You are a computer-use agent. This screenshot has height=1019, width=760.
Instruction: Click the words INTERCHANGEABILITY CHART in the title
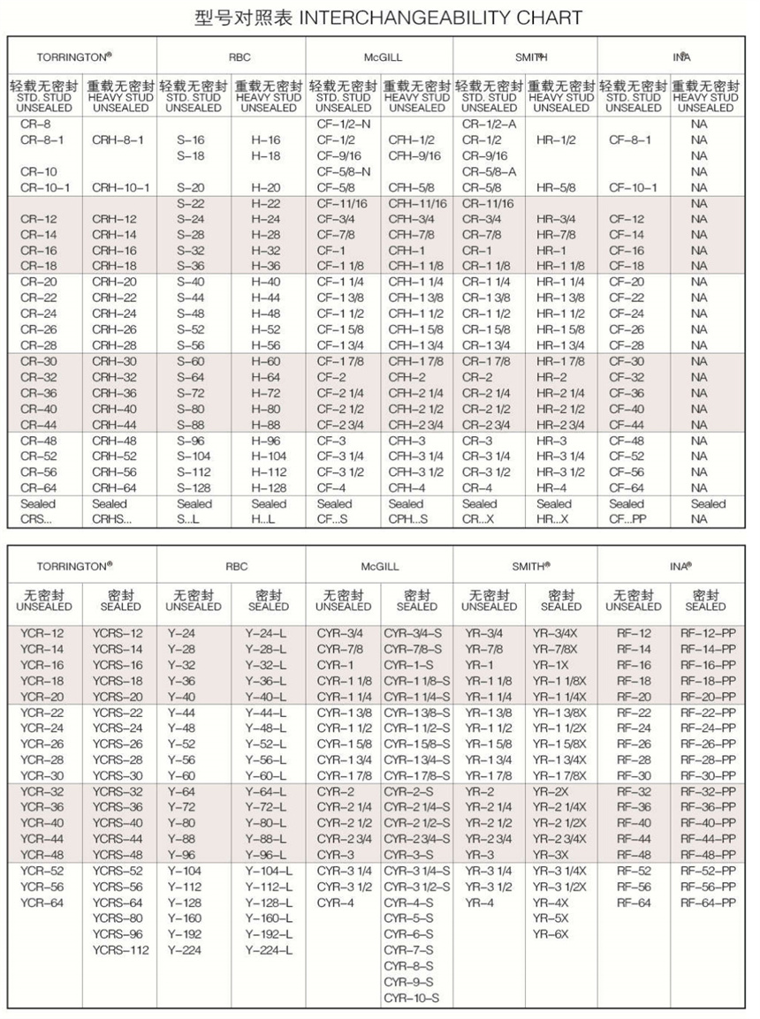477,17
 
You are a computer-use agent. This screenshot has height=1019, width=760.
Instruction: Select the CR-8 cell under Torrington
35,125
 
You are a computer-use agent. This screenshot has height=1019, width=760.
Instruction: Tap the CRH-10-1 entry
120,188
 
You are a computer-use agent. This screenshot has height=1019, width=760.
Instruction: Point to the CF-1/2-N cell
343,125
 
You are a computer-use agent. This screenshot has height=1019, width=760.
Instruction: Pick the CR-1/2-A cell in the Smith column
489,125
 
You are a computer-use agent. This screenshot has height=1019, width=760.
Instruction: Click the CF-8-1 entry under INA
633,140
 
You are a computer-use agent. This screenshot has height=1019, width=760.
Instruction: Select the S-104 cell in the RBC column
194,457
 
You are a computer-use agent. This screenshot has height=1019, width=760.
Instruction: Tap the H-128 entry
269,488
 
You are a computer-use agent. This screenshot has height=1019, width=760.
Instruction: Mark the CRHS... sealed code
110,519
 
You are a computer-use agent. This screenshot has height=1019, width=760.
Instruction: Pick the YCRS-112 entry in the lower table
120,950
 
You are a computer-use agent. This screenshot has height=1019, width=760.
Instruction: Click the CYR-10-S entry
412,999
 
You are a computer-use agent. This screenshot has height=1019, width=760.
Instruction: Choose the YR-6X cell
551,934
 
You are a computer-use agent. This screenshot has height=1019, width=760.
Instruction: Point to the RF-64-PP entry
708,902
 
